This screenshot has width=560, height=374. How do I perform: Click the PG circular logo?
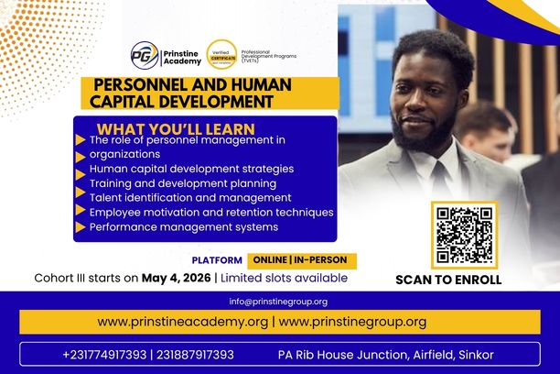[144, 54]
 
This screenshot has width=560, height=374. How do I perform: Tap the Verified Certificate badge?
[221, 54]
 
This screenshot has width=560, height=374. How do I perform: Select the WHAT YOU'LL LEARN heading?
[176, 128]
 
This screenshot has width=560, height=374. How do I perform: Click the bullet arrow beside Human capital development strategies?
[81, 170]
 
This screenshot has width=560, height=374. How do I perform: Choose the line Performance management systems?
[183, 226]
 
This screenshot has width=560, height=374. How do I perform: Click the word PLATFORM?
[217, 260]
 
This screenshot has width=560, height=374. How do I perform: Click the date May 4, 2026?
[176, 278]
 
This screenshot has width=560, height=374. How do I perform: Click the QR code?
[464, 236]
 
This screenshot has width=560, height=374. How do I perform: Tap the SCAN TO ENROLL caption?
[448, 280]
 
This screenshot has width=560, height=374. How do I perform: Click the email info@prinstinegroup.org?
[278, 302]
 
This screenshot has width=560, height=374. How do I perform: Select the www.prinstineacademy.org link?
[182, 322]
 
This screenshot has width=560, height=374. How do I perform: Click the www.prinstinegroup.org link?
[352, 322]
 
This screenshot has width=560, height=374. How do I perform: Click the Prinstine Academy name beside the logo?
[180, 55]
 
